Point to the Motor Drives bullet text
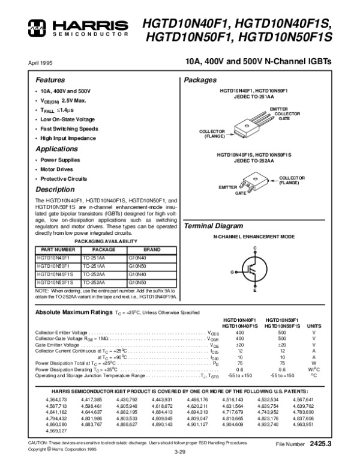pos(58,169)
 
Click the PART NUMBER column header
pos(57,249)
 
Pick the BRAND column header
pos(150,249)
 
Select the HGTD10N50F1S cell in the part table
pos(55,282)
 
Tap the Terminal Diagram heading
pos(213,226)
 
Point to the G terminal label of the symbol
pos(231,272)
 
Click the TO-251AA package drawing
pos(249,127)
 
